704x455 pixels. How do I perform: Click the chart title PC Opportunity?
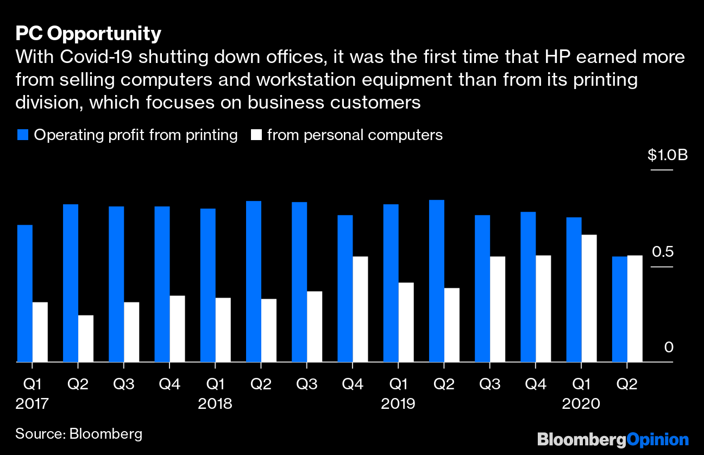(88, 34)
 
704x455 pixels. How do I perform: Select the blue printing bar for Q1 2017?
(25, 293)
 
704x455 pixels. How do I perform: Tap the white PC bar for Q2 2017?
(86, 338)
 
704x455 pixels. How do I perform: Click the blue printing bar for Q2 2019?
(437, 281)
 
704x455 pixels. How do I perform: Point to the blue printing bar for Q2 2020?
(620, 309)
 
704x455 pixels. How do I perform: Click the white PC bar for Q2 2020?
(634, 308)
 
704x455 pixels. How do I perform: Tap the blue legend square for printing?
(22, 135)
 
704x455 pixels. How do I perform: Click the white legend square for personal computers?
(255, 135)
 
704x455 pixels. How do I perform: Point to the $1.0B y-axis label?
(668, 155)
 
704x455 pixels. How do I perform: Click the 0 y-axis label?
(669, 347)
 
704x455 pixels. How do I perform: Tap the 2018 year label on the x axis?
(215, 404)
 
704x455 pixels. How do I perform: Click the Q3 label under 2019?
(490, 384)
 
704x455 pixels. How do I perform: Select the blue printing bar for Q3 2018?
(299, 282)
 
